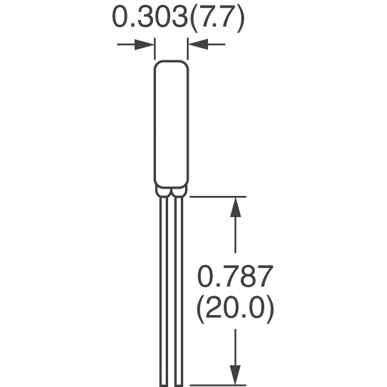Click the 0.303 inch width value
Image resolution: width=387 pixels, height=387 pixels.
pos(149,18)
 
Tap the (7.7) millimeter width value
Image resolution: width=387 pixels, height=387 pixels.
pos(218,19)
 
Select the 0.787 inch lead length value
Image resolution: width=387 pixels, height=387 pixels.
pos(235,276)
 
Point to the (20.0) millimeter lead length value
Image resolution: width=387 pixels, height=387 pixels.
pos(235,310)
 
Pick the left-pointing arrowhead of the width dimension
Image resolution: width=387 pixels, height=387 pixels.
pos(198,44)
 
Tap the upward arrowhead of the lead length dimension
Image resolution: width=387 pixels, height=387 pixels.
pos(235,207)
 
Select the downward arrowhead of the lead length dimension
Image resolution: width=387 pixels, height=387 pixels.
pos(235,375)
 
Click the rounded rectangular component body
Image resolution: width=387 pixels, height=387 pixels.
pos(172,124)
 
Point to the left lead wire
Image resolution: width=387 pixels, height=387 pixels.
pos(164,291)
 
